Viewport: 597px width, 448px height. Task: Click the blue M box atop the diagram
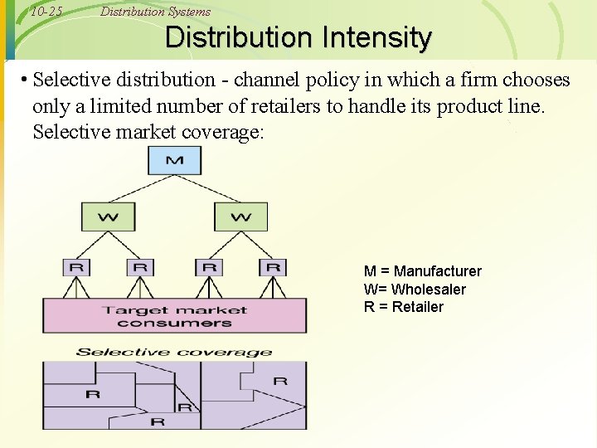click(x=174, y=159)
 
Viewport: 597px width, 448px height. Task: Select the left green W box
click(x=108, y=217)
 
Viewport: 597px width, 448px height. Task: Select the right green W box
click(x=241, y=217)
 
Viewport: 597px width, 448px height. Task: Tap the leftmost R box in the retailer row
click(x=76, y=267)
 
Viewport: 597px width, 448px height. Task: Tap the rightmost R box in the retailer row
click(x=273, y=267)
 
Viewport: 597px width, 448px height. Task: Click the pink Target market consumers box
click(x=174, y=316)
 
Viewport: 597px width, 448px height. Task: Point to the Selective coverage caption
click(x=174, y=352)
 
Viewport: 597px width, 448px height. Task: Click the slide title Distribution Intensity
click(x=298, y=38)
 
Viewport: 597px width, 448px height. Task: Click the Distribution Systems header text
click(x=155, y=12)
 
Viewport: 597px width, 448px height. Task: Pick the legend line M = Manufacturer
click(x=422, y=271)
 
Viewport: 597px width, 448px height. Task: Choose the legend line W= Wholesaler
click(x=415, y=290)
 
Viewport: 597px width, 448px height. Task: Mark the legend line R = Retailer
click(x=403, y=307)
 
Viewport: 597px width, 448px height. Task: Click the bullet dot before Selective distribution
click(x=27, y=80)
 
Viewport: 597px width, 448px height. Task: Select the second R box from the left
click(x=140, y=267)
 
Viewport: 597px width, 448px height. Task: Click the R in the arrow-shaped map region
click(x=280, y=381)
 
